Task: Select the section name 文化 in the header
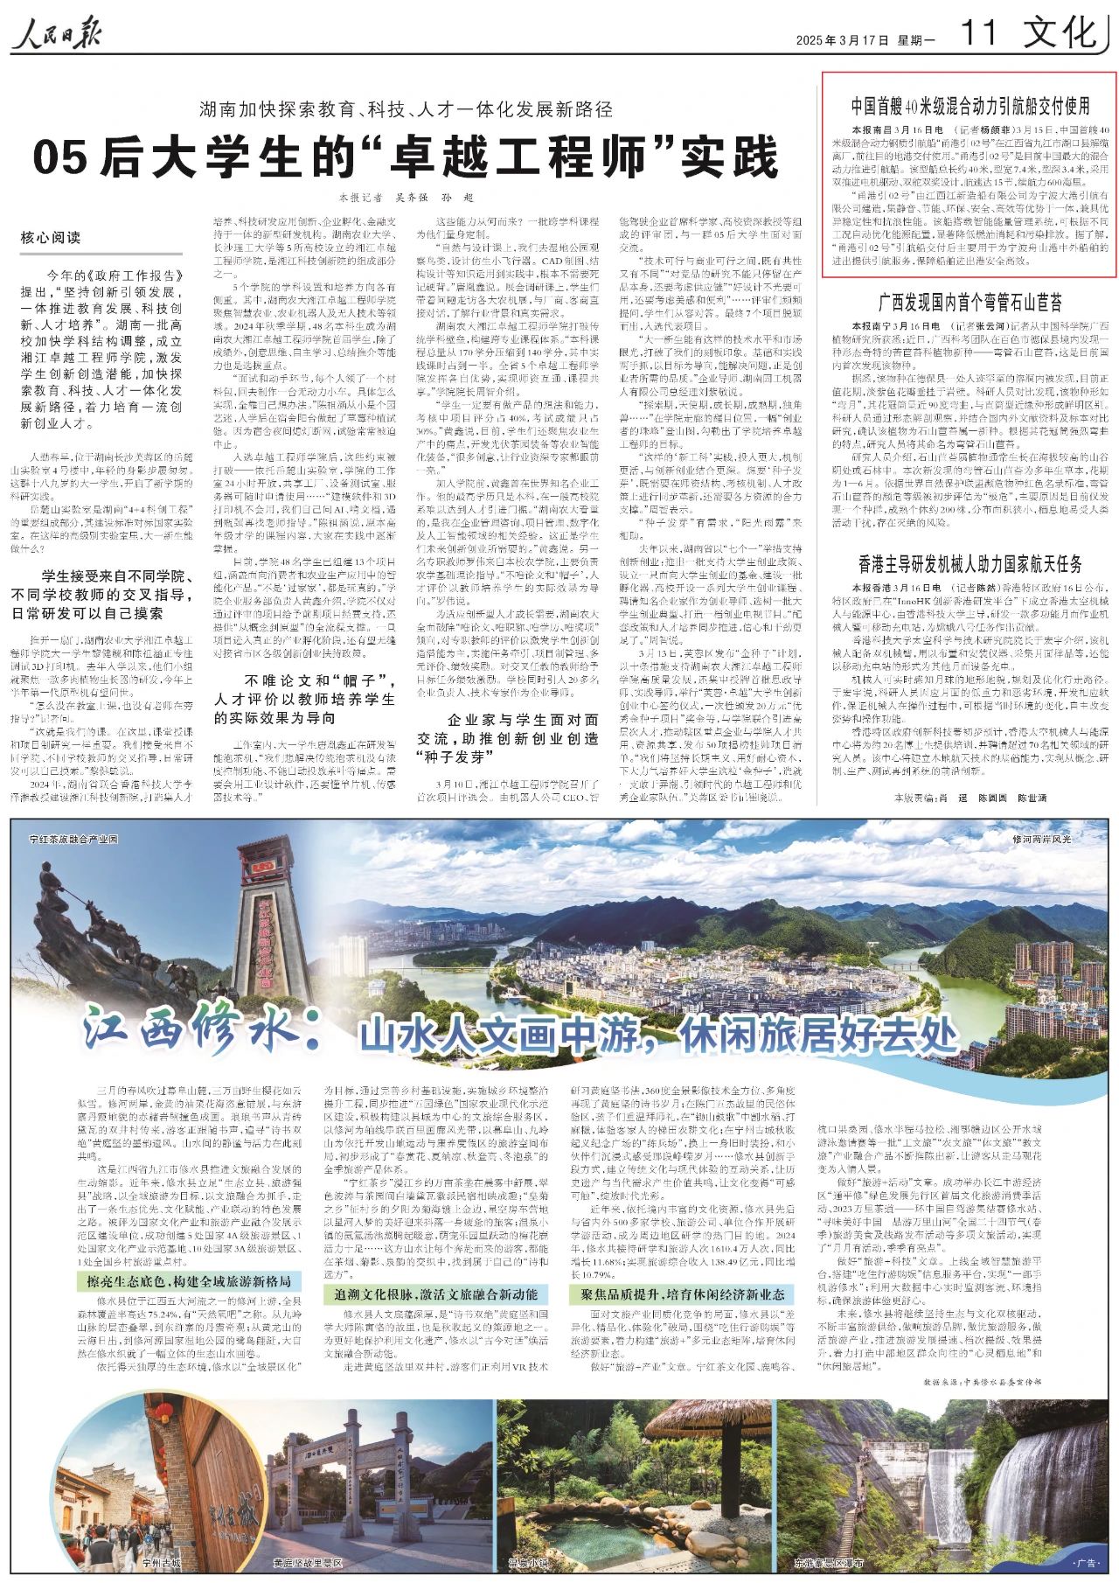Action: tap(1059, 34)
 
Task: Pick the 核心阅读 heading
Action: tap(51, 238)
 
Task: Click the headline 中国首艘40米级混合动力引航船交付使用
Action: tap(970, 106)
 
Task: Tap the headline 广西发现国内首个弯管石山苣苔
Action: tap(970, 303)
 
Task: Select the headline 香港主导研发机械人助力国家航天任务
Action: tap(970, 562)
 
